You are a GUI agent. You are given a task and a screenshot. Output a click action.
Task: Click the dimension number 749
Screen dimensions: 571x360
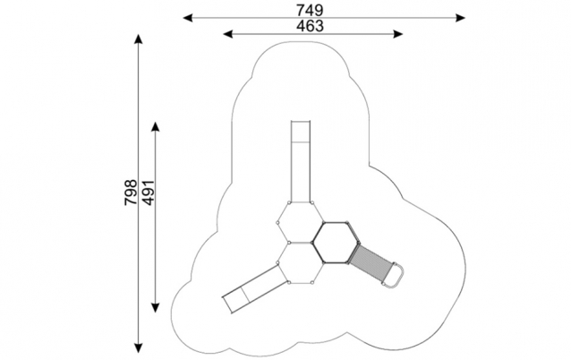(x=310, y=10)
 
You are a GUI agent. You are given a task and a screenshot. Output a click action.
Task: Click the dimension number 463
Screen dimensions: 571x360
(x=310, y=26)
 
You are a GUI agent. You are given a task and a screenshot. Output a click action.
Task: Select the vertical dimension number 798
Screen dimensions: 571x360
(x=131, y=192)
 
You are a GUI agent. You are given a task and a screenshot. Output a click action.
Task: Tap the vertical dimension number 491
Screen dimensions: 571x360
(x=148, y=192)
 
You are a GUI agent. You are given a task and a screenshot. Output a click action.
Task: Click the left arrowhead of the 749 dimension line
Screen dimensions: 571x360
(x=188, y=18)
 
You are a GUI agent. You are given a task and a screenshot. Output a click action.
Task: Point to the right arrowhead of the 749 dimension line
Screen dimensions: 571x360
(x=461, y=18)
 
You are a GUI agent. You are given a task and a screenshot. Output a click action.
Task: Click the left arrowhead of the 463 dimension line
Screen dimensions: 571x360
(x=227, y=34)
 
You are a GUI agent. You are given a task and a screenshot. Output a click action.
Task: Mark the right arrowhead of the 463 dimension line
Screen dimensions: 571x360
(x=398, y=34)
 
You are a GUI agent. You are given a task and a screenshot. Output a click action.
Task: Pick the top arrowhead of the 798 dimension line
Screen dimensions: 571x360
(x=138, y=39)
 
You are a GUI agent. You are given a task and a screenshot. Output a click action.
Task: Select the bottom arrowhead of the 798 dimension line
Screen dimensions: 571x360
(x=138, y=348)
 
